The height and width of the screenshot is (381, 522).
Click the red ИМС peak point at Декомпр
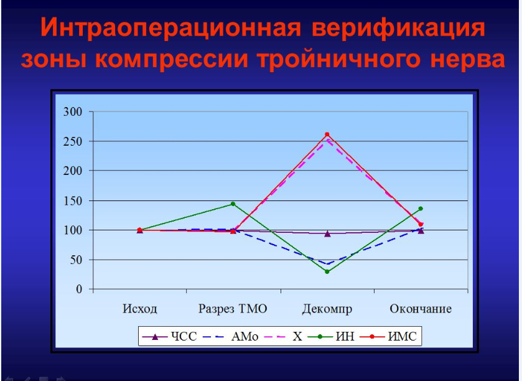(x=327, y=134)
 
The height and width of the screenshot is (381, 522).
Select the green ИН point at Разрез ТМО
(x=233, y=204)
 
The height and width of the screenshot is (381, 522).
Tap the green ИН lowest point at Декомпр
(x=327, y=271)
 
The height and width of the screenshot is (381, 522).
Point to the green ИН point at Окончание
(x=421, y=209)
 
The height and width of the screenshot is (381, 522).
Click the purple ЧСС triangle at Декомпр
(x=327, y=234)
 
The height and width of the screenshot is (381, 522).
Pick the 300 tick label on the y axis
(x=73, y=111)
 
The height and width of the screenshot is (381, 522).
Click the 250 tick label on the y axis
(x=73, y=141)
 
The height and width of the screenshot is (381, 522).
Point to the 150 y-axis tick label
(x=73, y=200)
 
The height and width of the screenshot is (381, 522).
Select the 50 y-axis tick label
(x=76, y=260)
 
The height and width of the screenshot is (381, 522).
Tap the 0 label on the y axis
(x=79, y=289)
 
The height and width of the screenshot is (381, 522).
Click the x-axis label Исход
(x=139, y=309)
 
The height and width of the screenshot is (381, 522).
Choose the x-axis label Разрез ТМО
(x=233, y=309)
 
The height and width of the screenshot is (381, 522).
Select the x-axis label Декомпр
(x=327, y=309)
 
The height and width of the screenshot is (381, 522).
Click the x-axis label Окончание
(x=421, y=309)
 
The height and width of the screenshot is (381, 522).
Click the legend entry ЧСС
(x=169, y=336)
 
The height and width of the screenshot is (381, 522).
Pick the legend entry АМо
(x=230, y=336)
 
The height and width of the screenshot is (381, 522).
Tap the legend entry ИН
(x=331, y=336)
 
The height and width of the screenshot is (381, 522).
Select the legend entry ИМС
(x=388, y=336)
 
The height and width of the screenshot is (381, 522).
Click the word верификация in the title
(x=398, y=28)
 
